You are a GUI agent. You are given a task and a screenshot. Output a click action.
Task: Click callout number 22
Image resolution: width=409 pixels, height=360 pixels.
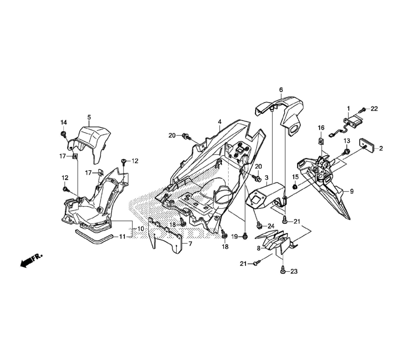374,109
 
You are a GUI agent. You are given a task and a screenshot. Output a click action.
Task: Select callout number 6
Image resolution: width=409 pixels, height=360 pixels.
281,90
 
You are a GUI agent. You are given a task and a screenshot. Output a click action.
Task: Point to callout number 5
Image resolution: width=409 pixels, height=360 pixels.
89,117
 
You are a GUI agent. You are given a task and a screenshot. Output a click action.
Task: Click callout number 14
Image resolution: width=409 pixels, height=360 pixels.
64,122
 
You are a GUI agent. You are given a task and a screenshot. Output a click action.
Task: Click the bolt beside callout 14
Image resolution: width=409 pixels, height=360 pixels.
63,135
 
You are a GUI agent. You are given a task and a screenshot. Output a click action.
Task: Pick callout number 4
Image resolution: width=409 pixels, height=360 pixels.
220,122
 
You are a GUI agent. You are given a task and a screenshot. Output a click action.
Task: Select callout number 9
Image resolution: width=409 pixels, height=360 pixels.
352,191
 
